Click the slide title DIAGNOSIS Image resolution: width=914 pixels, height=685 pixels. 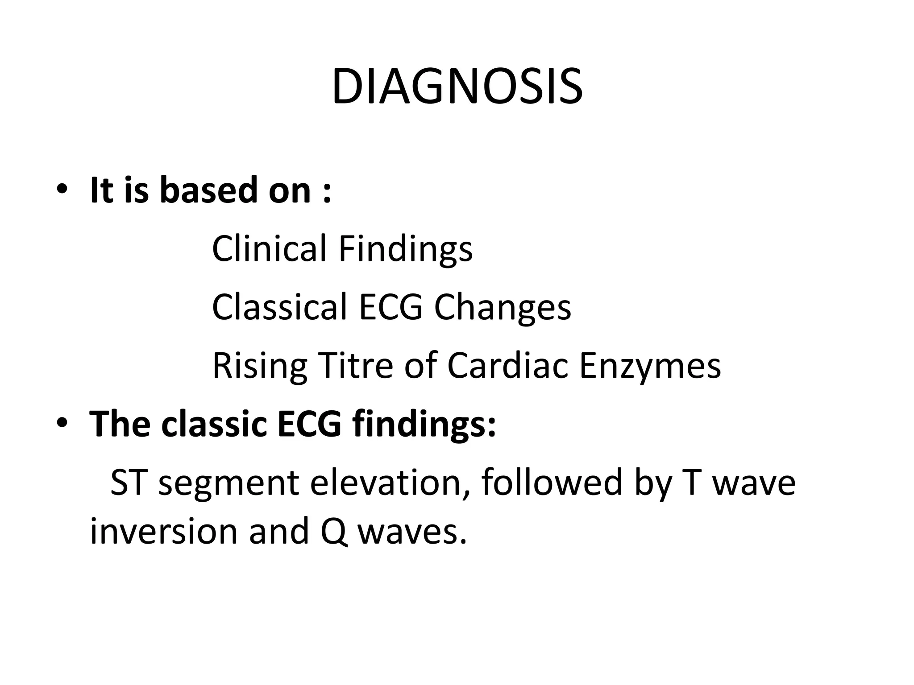point(457,87)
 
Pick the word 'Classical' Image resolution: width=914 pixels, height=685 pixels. point(279,307)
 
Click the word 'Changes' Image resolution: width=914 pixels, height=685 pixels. point(503,308)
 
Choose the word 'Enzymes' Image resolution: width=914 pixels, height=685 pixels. point(649,366)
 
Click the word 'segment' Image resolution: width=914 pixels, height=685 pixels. point(229,483)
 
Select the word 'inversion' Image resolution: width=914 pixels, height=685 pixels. point(164,531)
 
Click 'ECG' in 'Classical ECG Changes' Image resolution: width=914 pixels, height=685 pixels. point(391,307)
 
